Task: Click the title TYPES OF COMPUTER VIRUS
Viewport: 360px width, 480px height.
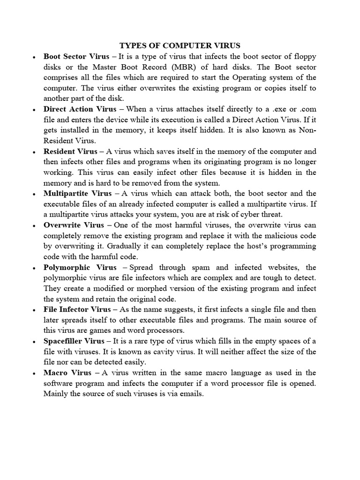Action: (x=180, y=45)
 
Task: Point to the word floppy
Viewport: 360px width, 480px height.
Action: (x=304, y=56)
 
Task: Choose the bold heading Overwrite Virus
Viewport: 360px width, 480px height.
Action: (x=74, y=225)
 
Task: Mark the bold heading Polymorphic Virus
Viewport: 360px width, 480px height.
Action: (x=80, y=267)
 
